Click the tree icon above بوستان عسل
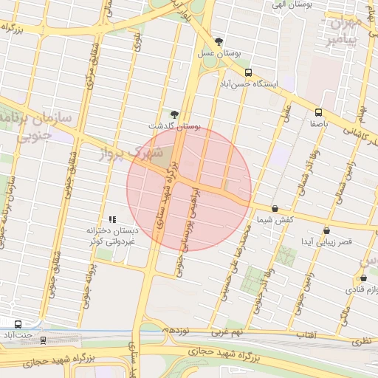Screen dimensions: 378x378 pyautogui.click(x=218, y=41)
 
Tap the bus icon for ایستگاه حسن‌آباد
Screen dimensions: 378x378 pyautogui.click(x=248, y=73)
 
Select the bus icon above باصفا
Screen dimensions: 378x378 pyautogui.click(x=318, y=112)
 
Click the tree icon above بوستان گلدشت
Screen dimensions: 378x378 pyautogui.click(x=174, y=114)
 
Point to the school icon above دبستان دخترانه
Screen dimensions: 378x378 pyautogui.click(x=113, y=219)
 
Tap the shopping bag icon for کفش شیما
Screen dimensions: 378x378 pyautogui.click(x=275, y=209)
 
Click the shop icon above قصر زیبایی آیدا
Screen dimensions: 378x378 pyautogui.click(x=326, y=230)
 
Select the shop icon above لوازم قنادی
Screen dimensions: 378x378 pyautogui.click(x=363, y=278)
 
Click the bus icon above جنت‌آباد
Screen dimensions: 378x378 pyautogui.click(x=18, y=324)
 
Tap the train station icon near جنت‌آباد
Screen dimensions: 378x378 pyautogui.click(x=44, y=340)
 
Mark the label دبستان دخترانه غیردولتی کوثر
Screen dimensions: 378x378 pyautogui.click(x=111, y=236)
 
